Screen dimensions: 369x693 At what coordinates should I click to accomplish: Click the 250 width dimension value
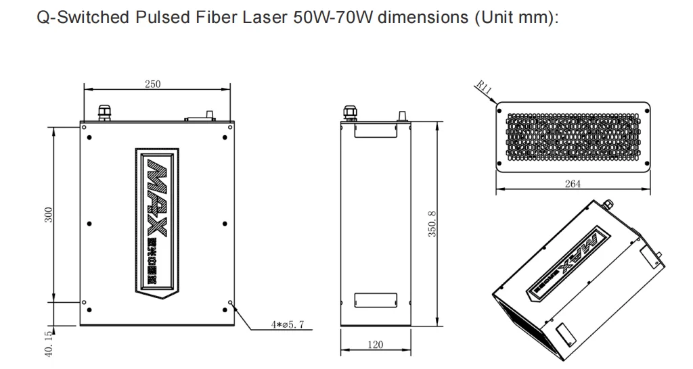click(x=152, y=83)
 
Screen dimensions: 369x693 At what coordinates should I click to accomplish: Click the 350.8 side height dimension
click(x=433, y=224)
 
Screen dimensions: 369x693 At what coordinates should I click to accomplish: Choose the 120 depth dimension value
click(x=374, y=345)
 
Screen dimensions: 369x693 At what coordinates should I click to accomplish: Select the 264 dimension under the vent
click(x=573, y=184)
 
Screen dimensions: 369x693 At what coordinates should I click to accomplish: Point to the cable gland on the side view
click(x=350, y=112)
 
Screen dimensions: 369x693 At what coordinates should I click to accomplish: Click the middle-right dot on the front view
click(x=224, y=222)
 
